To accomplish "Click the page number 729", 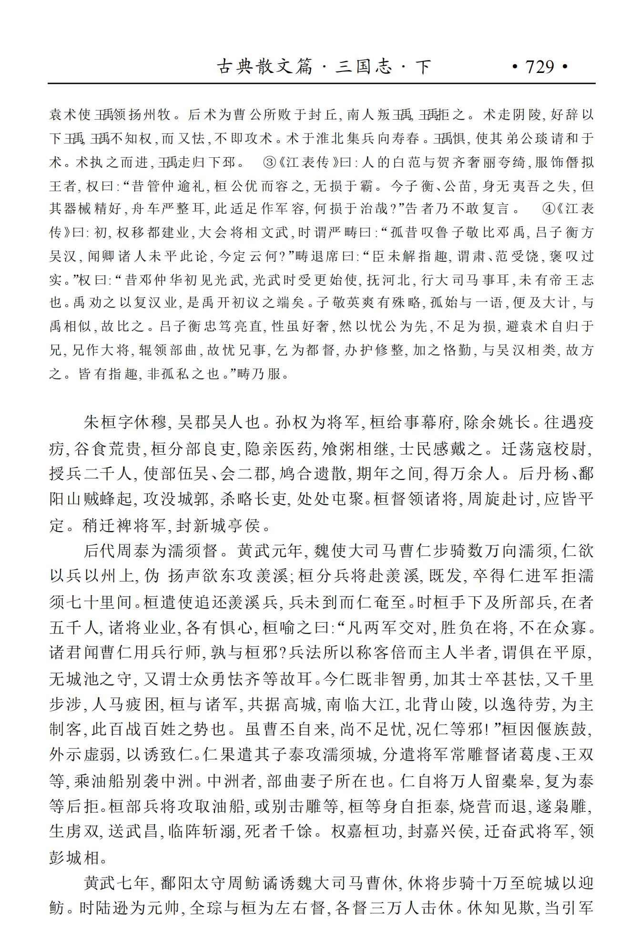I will (x=539, y=67).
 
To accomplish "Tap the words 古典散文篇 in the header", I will (x=265, y=67).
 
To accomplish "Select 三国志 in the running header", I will (x=363, y=67).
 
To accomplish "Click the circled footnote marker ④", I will (x=548, y=209).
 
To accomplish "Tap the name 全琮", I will (x=206, y=908).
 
